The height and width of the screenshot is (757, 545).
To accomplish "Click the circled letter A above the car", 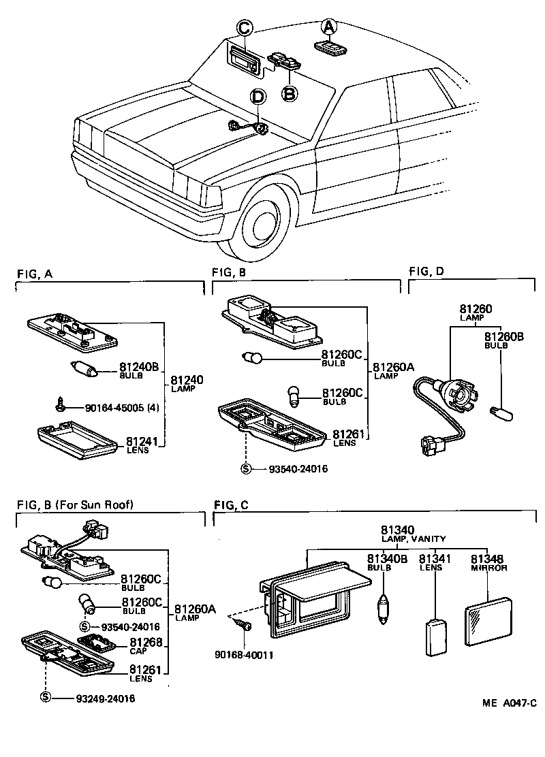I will [329, 26].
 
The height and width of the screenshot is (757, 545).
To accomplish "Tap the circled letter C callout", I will [244, 27].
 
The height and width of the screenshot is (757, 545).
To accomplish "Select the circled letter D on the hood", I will [258, 97].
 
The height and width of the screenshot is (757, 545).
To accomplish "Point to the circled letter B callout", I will [289, 93].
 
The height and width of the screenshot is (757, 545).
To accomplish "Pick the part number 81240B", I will [139, 367].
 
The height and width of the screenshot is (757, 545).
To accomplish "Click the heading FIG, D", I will [426, 272].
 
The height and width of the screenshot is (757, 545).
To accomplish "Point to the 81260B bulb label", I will [504, 336].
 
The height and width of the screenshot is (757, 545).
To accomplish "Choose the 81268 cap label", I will [146, 642].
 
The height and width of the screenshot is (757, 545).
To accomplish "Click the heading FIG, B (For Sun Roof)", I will [75, 504].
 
